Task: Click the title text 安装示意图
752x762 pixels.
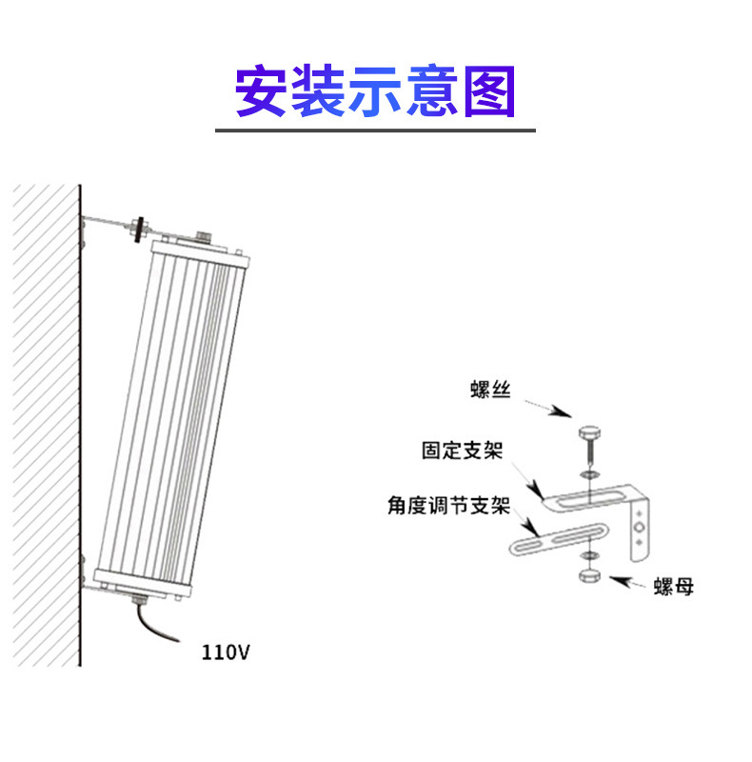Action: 375,91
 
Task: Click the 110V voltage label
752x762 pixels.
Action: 226,652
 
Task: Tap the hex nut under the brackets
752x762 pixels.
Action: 588,578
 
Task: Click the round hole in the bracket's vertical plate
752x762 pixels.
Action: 641,526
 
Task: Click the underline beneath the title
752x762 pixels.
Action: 375,130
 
